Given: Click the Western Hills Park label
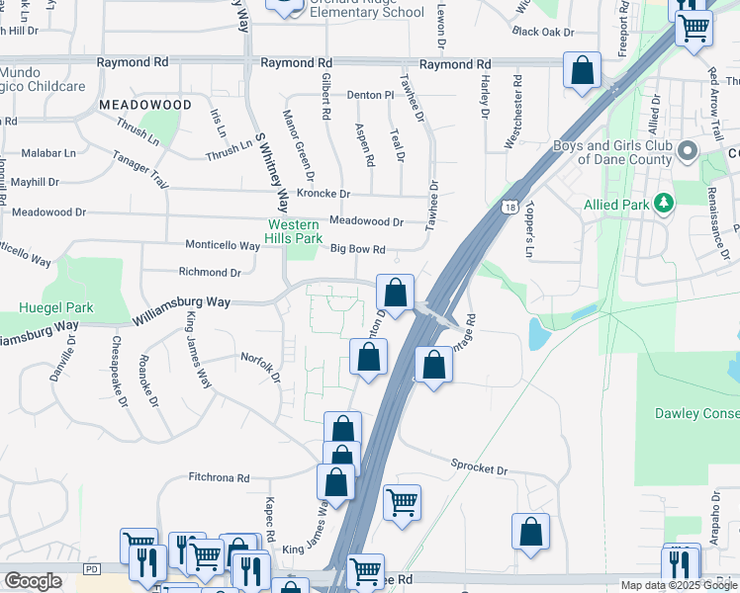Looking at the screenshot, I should tap(294, 231).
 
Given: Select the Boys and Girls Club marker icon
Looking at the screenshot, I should tap(689, 152).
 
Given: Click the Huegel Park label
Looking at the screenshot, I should tap(55, 307).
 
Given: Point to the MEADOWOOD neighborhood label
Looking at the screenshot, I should tap(145, 104).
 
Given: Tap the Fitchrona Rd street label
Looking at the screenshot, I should tap(219, 477).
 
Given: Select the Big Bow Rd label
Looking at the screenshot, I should tap(357, 249).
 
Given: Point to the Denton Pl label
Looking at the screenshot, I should tap(370, 95).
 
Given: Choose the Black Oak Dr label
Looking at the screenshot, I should tap(543, 32).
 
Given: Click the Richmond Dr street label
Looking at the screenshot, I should tap(209, 272).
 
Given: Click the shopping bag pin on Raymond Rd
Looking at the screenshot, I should tap(583, 71).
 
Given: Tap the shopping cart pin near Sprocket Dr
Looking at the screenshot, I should tap(402, 503).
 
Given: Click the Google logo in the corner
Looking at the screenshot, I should tap(33, 581).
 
